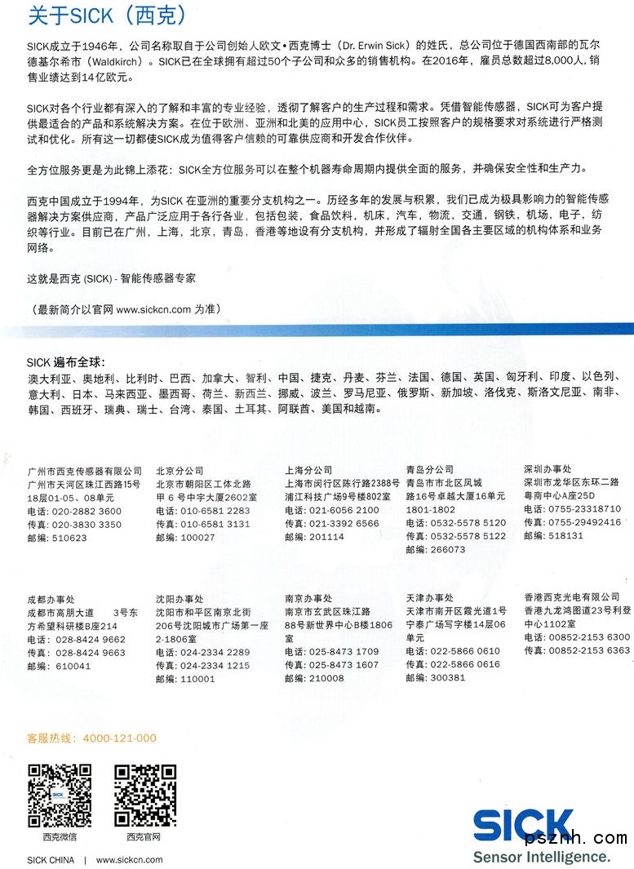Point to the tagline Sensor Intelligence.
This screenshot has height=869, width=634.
541,857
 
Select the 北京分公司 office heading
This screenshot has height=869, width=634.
180,471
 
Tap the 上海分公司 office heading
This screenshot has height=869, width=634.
308,471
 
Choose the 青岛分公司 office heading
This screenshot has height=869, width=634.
429,470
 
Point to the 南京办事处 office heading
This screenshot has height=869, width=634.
308,599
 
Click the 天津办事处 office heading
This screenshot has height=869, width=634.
429,598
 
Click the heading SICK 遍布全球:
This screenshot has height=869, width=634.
66,362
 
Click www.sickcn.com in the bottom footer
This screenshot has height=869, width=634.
129,860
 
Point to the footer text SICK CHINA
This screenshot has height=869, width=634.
51,860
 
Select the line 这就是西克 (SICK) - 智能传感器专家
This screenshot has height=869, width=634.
112,278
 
